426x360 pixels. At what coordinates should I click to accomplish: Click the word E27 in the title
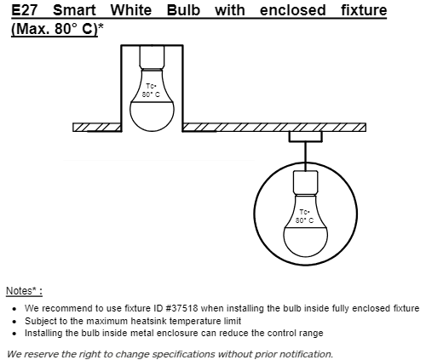click(x=25, y=10)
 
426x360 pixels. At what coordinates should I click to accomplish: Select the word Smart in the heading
click(x=74, y=10)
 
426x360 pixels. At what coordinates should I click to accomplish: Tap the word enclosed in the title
click(x=292, y=10)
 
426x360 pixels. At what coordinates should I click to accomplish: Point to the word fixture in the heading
click(x=364, y=10)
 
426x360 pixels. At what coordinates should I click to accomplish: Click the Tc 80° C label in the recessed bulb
click(x=151, y=90)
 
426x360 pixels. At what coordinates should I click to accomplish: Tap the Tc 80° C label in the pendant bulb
click(x=304, y=216)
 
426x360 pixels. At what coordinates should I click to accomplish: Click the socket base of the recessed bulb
click(x=152, y=57)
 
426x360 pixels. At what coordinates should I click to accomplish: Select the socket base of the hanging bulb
click(x=305, y=183)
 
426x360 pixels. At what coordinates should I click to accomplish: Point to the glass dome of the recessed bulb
click(x=152, y=117)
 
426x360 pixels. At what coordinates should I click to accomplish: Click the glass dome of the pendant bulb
click(x=305, y=242)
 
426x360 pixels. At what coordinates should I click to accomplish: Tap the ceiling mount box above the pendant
click(x=306, y=137)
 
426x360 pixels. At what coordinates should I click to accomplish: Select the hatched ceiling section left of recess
click(x=97, y=128)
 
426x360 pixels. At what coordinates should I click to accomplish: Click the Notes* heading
click(x=24, y=291)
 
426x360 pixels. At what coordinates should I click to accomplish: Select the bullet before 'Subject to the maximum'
click(x=14, y=322)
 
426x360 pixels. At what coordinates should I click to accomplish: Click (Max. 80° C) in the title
click(x=55, y=29)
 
